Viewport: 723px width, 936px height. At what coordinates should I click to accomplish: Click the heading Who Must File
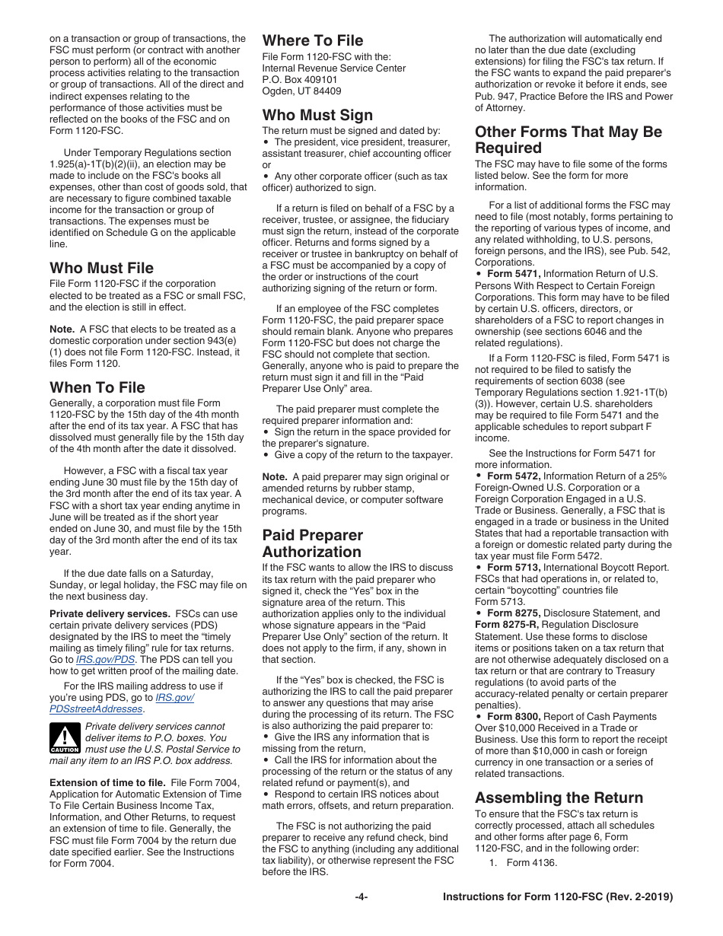pyautogui.click(x=101, y=268)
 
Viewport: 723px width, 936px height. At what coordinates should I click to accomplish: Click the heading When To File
pyautogui.click(x=97, y=387)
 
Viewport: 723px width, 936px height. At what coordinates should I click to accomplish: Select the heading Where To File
pyautogui.click(x=313, y=40)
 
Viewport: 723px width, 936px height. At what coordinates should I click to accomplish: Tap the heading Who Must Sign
pyautogui.click(x=317, y=115)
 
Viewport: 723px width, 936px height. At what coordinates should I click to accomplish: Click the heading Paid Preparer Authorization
pyautogui.click(x=313, y=543)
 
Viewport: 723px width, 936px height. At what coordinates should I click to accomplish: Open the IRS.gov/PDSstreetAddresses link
pyautogui.click(x=122, y=703)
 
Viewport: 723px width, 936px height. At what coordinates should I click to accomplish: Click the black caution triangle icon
pyautogui.click(x=65, y=737)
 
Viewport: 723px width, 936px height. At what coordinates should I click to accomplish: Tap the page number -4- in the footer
pyautogui.click(x=361, y=897)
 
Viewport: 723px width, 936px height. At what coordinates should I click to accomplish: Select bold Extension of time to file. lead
pyautogui.click(x=107, y=782)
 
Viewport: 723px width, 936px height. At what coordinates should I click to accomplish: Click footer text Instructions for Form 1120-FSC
pyautogui.click(x=558, y=897)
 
